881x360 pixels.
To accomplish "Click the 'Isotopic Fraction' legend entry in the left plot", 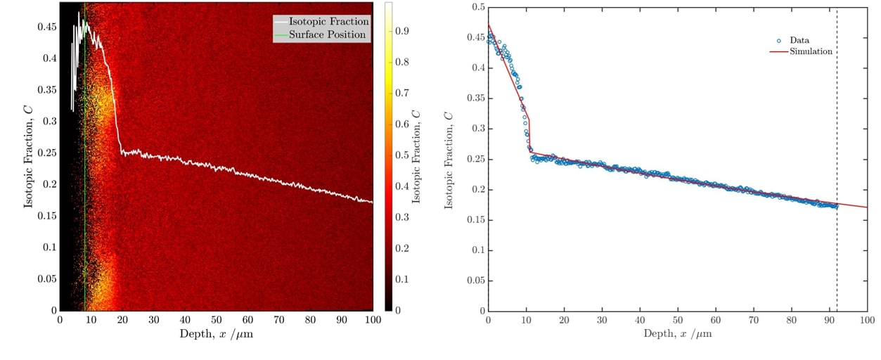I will click(328, 22).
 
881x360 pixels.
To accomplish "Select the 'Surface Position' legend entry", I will click(328, 34).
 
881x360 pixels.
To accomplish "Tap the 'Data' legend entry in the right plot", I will click(799, 41).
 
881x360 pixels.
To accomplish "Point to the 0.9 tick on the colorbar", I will click(402, 32).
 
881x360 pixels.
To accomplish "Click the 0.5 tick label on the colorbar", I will click(402, 155).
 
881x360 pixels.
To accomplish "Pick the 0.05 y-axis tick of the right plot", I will click(473, 281).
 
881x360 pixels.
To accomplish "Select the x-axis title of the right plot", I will click(677, 334).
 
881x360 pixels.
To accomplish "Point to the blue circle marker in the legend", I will click(778, 41).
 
